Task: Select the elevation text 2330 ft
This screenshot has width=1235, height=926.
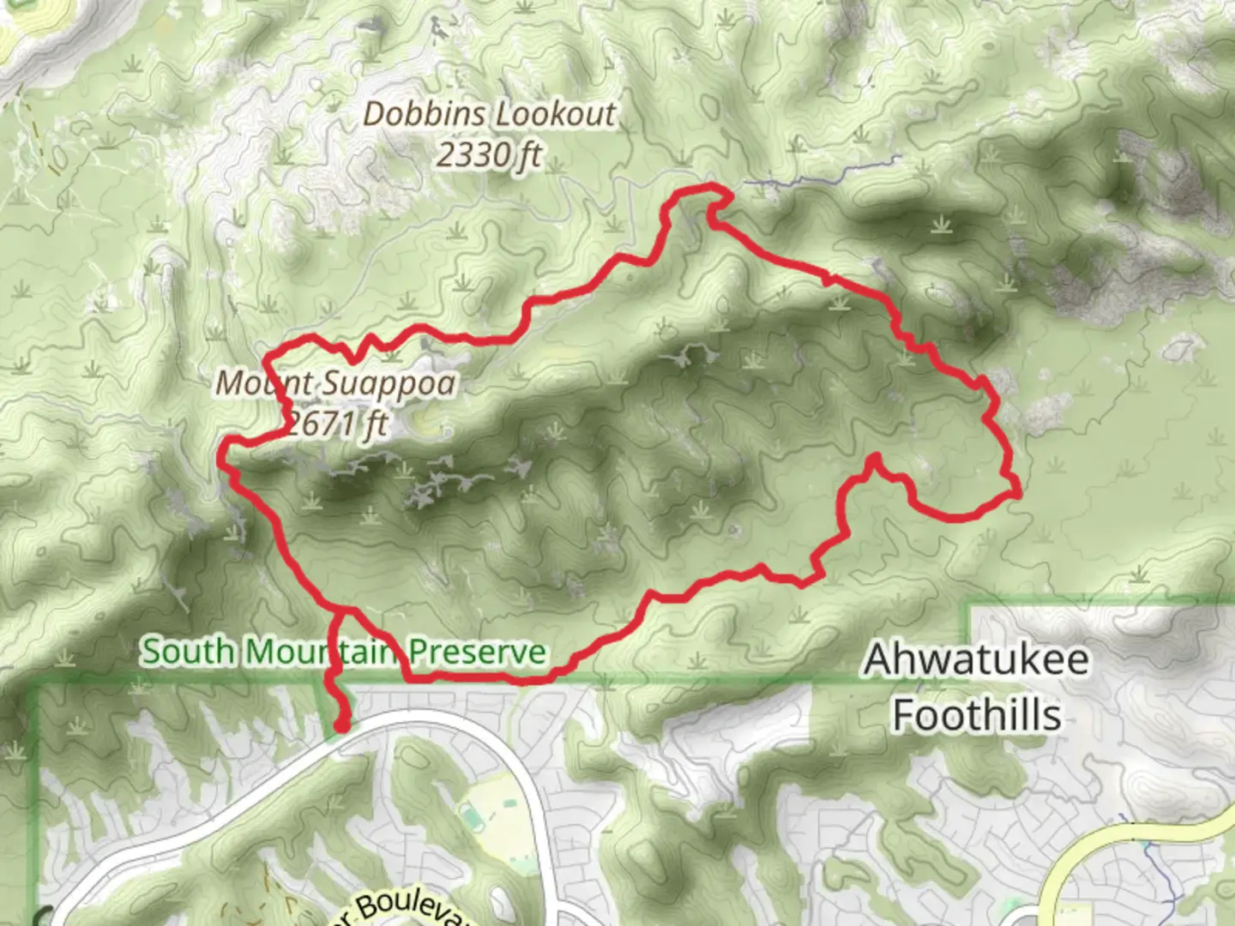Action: pos(489,155)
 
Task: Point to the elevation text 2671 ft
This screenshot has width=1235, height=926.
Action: pos(336,423)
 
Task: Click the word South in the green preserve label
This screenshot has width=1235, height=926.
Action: pos(188,652)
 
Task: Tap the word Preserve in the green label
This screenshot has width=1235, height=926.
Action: pos(477,652)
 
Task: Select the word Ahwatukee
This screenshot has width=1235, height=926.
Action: pos(977,659)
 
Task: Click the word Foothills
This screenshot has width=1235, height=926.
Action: pos(977,715)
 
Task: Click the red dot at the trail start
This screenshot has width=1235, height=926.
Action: pos(341,726)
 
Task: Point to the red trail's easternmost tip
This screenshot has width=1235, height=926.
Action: pos(1017,493)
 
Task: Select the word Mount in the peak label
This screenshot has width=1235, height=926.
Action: pos(252,383)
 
